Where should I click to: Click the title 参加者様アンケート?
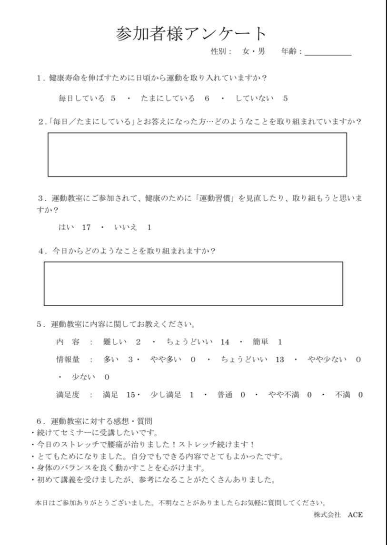click(x=191, y=34)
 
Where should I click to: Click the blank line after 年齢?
click(x=327, y=53)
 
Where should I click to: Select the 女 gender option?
click(x=246, y=51)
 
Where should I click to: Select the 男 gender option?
click(x=261, y=51)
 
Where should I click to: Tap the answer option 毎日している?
click(x=81, y=98)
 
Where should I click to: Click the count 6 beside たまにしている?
click(x=207, y=98)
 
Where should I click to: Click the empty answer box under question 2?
click(x=197, y=155)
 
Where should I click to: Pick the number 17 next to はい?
click(x=86, y=227)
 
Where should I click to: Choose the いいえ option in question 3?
click(x=126, y=227)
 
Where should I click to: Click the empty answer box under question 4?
click(x=193, y=283)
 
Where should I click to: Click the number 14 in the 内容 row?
click(x=225, y=342)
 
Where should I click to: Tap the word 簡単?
click(x=261, y=342)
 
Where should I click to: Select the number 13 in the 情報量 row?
click(x=279, y=360)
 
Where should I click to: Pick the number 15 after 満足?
click(x=130, y=394)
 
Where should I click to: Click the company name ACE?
click(x=355, y=515)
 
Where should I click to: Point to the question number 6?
click(x=39, y=421)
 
